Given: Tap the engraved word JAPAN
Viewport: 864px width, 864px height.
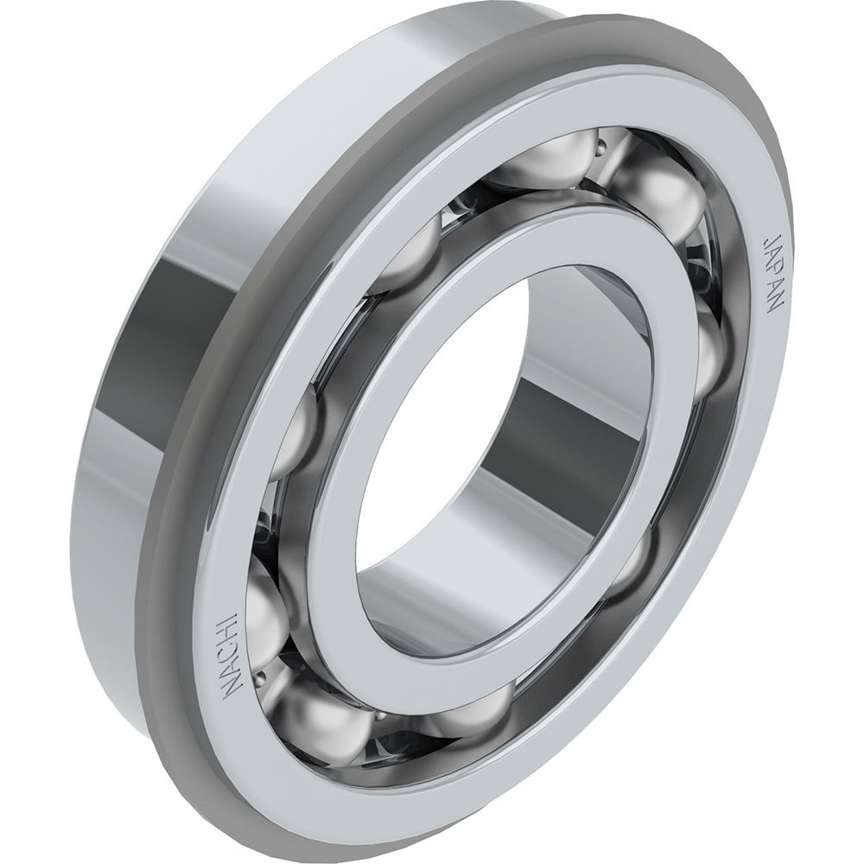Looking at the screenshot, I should point(772,275).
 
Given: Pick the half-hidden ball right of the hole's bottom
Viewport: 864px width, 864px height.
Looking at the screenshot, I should point(635,566).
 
